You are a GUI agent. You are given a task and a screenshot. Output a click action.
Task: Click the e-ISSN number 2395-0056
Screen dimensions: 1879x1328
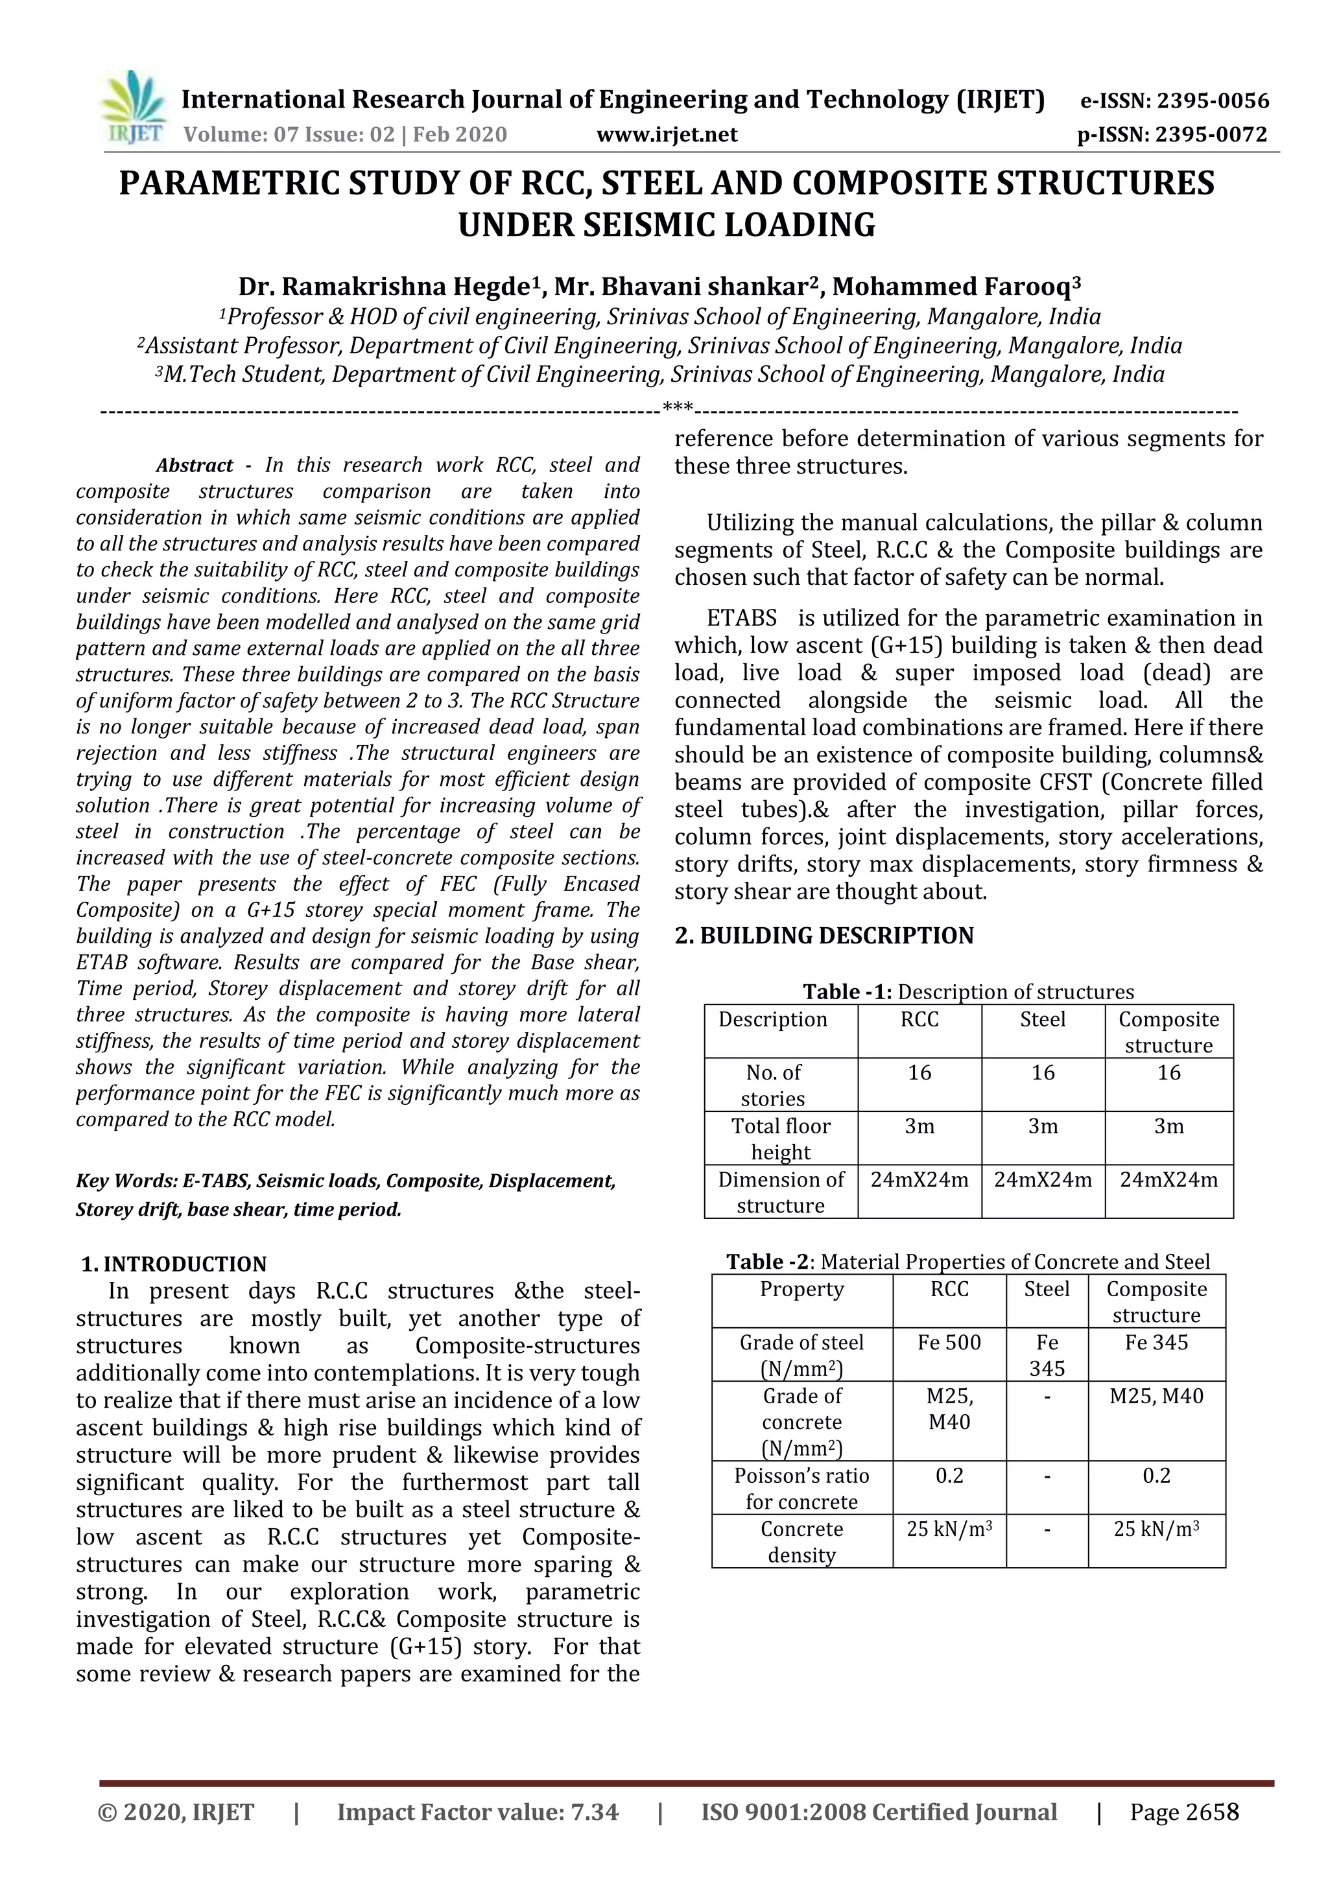[1213, 102]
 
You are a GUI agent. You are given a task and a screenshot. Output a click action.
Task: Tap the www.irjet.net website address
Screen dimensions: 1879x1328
[667, 134]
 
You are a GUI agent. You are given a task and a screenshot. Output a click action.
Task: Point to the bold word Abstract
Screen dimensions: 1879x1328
[195, 466]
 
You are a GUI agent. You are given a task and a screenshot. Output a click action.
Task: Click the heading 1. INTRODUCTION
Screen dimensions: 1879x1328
[174, 1264]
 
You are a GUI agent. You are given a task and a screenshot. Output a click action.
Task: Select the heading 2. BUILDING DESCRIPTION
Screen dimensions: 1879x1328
[824, 936]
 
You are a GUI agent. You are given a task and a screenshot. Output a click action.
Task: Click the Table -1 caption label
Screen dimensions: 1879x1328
[848, 992]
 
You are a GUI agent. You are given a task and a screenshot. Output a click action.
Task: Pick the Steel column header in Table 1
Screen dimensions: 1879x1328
[1043, 1020]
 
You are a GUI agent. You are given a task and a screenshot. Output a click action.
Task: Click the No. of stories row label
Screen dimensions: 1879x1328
[773, 1085]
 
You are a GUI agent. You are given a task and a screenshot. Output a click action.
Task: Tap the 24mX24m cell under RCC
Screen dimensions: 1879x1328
[919, 1180]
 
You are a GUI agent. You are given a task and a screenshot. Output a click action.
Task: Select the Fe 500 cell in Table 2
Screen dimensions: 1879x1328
[949, 1342]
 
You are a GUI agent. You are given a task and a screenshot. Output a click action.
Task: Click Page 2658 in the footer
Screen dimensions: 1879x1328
[1184, 1813]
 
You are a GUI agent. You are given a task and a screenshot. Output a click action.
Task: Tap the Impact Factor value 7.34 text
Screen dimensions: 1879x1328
[477, 1813]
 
